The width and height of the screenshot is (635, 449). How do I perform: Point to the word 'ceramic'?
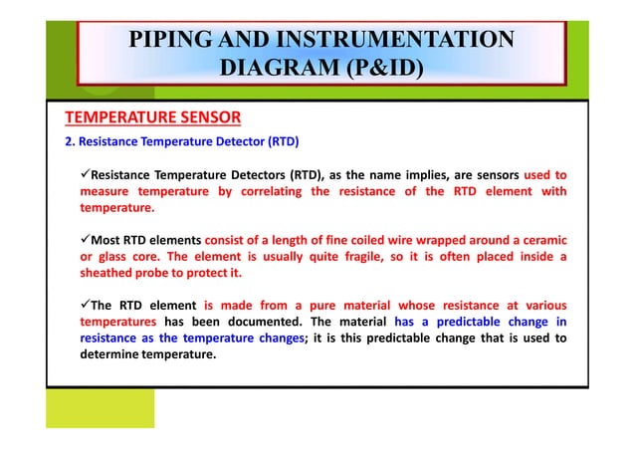[x=541, y=240]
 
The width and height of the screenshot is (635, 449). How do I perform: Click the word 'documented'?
[x=262, y=322]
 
